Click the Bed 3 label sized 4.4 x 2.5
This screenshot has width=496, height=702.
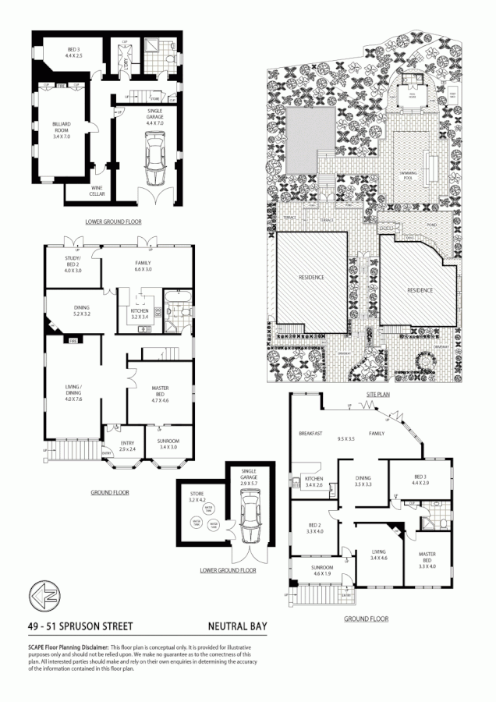click(73, 54)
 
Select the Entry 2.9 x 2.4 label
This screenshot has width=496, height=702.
click(127, 446)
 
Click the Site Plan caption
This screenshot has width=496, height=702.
click(377, 395)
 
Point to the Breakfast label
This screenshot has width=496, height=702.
click(311, 433)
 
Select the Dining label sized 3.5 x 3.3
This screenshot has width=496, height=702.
click(363, 481)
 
